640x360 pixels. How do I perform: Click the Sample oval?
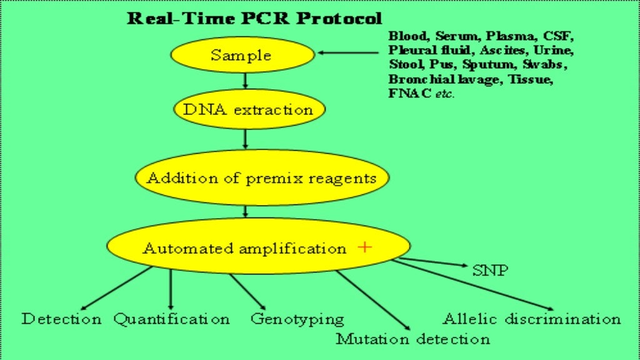point(241,55)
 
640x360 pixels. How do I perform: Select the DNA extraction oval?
point(247,109)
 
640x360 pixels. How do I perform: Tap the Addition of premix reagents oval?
point(261,178)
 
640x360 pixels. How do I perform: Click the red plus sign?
point(365,247)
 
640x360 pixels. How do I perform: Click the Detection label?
point(61,319)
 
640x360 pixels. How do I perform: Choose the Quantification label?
point(171,319)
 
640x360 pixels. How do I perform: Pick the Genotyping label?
point(297,319)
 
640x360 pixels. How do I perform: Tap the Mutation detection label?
point(412,339)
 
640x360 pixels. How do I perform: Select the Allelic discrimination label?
point(531,319)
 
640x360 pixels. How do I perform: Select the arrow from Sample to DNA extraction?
point(246,79)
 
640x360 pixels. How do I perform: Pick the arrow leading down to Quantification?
point(171,289)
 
